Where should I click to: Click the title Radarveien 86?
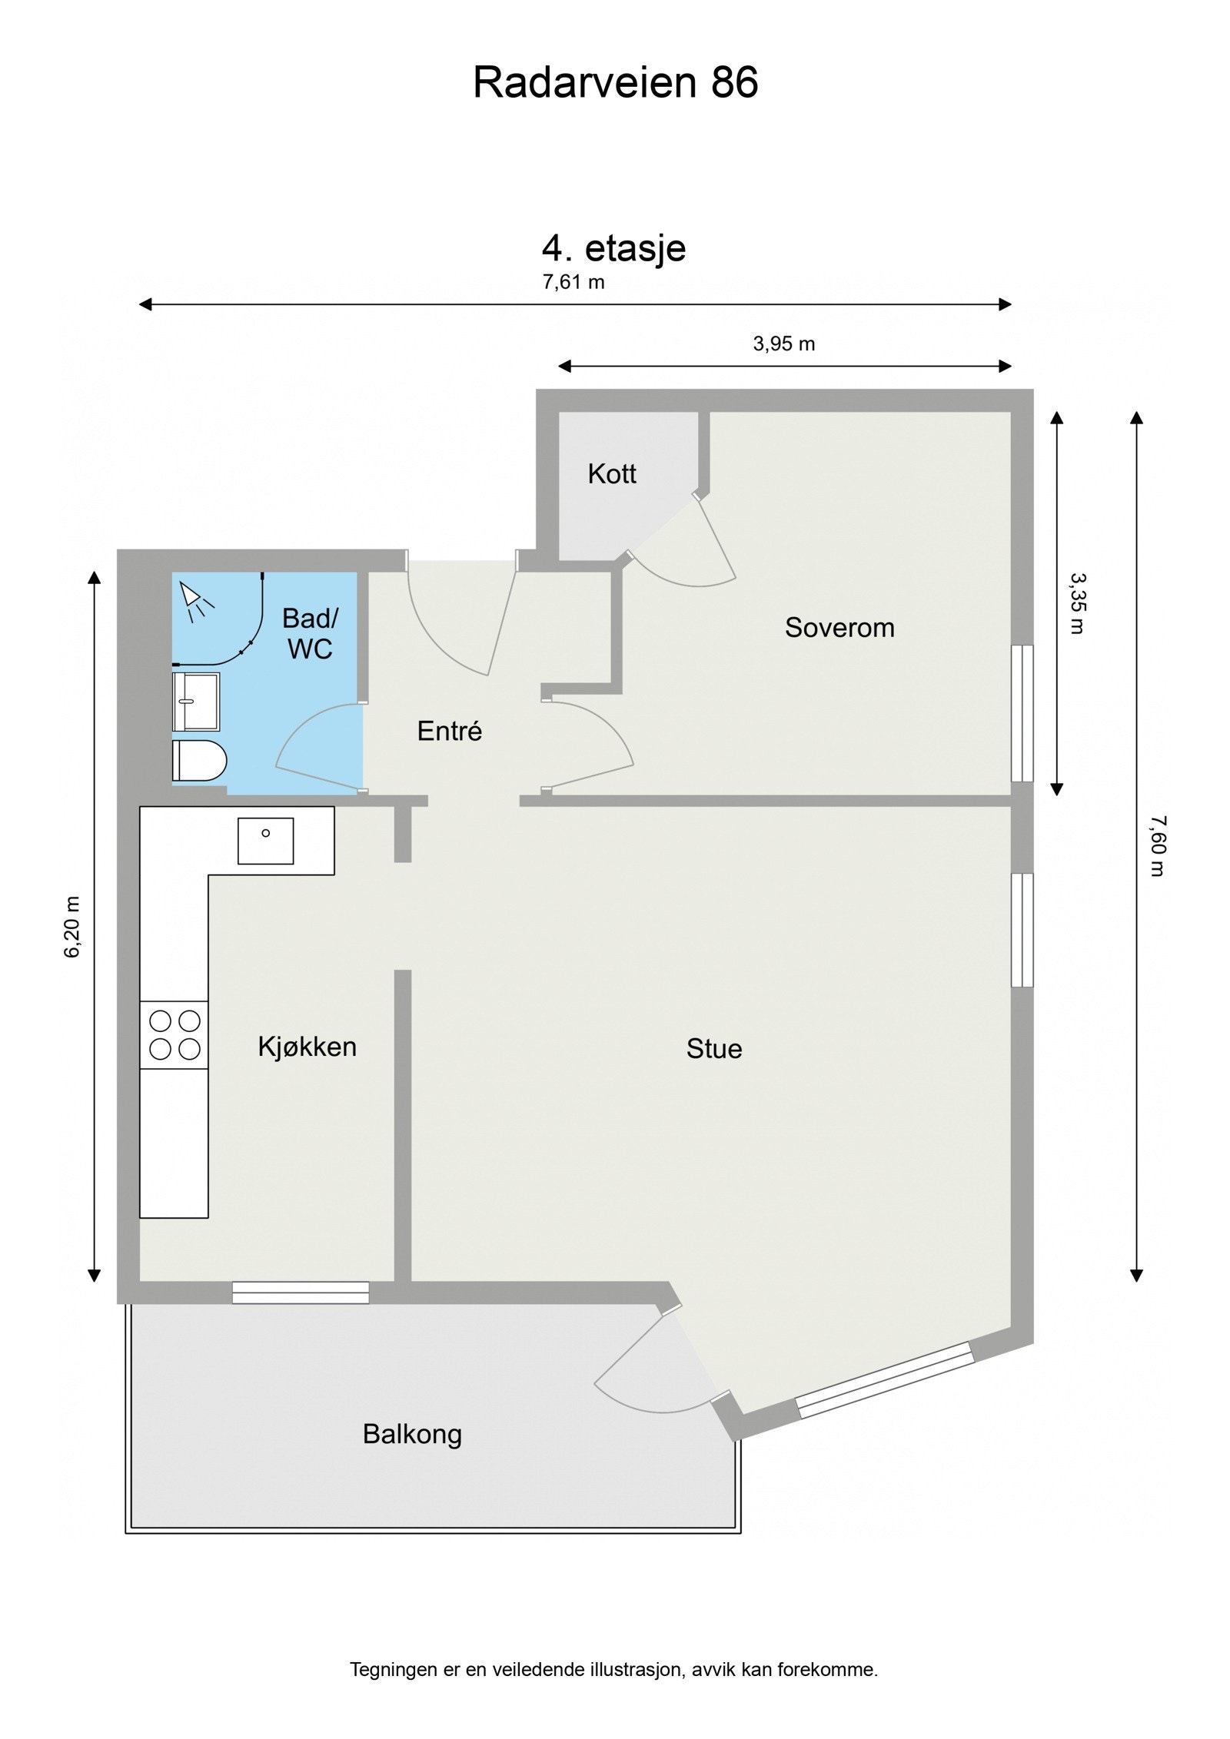click(615, 82)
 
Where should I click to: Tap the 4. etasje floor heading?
click(613, 249)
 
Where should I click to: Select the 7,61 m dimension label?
click(573, 282)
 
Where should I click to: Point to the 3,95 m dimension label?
click(783, 343)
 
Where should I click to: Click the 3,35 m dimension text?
click(1077, 603)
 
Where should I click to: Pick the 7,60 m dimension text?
click(1158, 845)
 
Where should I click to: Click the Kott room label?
click(612, 473)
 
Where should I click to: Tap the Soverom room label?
click(839, 627)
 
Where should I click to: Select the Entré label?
click(450, 731)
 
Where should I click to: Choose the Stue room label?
click(714, 1049)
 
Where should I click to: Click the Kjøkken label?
click(307, 1047)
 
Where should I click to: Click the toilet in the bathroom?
click(199, 762)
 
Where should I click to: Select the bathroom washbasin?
click(196, 702)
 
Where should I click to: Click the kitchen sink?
click(265, 841)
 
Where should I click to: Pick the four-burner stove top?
click(174, 1035)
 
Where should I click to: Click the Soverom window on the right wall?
click(1022, 713)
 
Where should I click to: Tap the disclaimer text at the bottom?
click(614, 1670)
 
